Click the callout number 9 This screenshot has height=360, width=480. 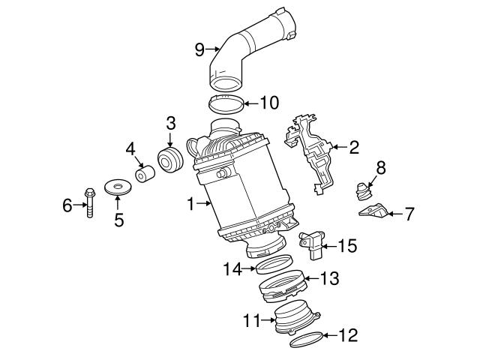(x=199, y=49)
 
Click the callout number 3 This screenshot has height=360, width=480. (x=170, y=121)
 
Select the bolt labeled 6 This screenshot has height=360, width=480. (x=89, y=200)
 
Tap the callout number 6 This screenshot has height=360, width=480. (x=66, y=203)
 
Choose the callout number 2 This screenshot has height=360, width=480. (x=354, y=147)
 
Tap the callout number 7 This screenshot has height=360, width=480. (x=409, y=214)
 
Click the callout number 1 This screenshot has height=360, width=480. (x=190, y=203)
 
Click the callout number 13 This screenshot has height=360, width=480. (x=330, y=278)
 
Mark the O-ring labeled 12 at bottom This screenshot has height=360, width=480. (x=306, y=341)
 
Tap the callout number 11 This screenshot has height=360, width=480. (x=249, y=321)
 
